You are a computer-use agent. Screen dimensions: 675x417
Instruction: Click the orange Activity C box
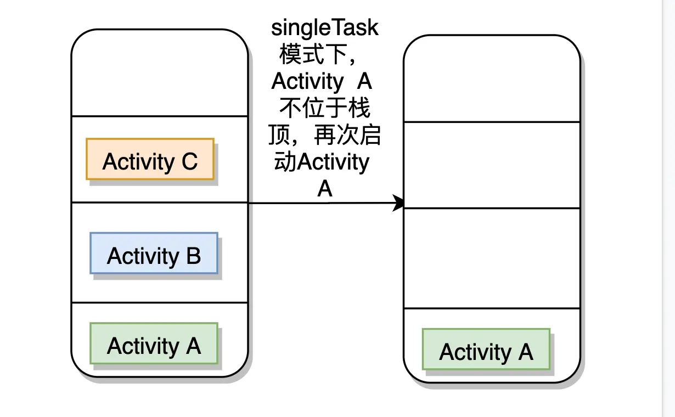[150, 159]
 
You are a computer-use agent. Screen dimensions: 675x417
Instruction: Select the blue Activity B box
[154, 253]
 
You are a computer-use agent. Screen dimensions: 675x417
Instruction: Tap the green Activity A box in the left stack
[154, 343]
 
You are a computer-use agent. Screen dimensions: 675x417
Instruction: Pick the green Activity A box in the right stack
[486, 349]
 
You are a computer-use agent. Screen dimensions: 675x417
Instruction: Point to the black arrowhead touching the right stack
[398, 203]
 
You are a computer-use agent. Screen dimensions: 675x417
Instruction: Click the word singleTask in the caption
[324, 28]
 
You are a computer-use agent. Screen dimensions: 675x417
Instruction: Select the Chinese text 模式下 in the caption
[313, 54]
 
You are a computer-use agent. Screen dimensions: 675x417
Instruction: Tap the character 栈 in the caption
[359, 108]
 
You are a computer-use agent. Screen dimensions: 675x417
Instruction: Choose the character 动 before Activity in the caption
[285, 161]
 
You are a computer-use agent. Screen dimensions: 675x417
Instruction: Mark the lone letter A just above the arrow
[325, 189]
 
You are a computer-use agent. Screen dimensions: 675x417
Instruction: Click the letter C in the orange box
[189, 161]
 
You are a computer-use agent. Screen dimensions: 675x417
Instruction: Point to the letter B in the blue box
[194, 256]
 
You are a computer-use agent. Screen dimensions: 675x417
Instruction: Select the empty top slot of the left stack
[160, 72]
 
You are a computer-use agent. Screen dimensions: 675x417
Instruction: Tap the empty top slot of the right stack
[492, 78]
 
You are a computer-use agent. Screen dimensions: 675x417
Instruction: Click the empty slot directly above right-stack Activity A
[492, 258]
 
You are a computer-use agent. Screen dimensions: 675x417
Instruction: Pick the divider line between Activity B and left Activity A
[160, 302]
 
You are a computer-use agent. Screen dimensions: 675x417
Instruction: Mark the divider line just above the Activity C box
[160, 116]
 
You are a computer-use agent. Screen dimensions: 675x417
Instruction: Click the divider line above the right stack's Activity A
[492, 308]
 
